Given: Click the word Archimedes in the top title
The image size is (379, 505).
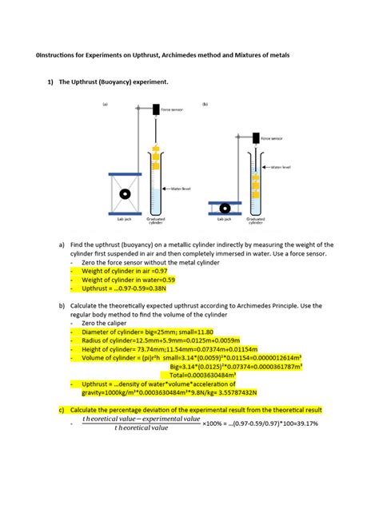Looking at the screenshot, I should pos(190,55).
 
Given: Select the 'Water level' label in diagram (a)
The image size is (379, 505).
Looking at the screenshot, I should pos(181,189).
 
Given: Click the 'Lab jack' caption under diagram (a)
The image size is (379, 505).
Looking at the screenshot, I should pos(125,217).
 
